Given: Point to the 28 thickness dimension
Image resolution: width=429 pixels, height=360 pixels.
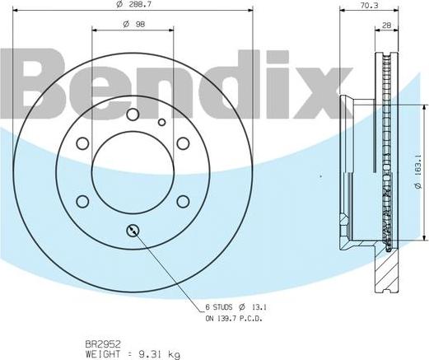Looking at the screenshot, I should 386,26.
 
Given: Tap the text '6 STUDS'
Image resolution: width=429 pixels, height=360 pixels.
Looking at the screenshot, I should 219,308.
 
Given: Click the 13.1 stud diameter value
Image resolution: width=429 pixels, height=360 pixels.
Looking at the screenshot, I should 259,308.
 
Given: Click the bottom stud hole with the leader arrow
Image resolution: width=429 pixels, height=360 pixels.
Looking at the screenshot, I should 133,230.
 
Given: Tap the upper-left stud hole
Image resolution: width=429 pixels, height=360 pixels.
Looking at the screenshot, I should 82,144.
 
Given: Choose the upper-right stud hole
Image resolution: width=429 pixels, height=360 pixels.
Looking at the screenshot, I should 182,144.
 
